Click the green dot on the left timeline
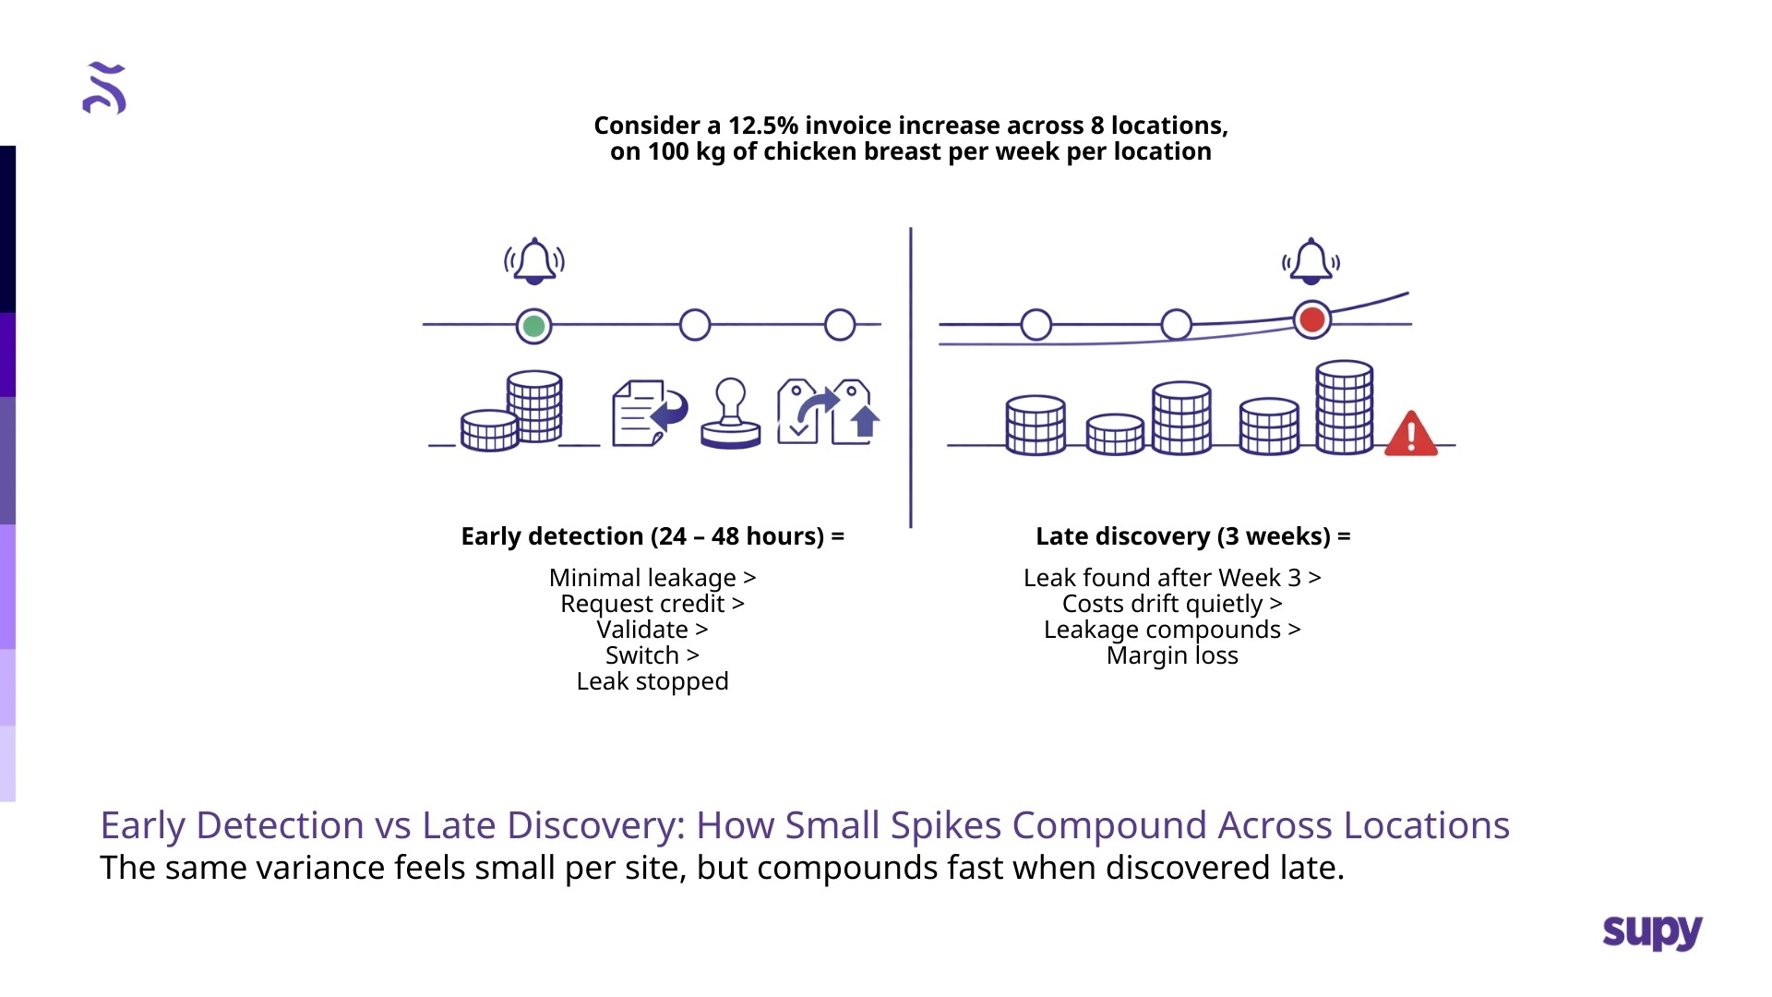point(533,326)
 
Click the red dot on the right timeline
point(1311,320)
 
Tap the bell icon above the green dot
point(534,261)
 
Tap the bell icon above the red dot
point(1311,261)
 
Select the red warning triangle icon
point(1410,434)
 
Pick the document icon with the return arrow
point(650,413)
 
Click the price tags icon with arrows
point(829,413)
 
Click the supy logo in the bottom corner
point(1652,931)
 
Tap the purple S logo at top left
point(104,89)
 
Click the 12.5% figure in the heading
point(763,126)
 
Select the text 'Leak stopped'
point(653,681)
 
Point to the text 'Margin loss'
point(1172,655)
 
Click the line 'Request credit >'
point(653,604)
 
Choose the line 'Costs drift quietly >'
point(1172,604)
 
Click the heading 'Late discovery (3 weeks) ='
point(1192,536)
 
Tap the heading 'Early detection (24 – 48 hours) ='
point(653,536)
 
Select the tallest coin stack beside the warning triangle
point(1344,407)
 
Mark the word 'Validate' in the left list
point(642,630)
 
